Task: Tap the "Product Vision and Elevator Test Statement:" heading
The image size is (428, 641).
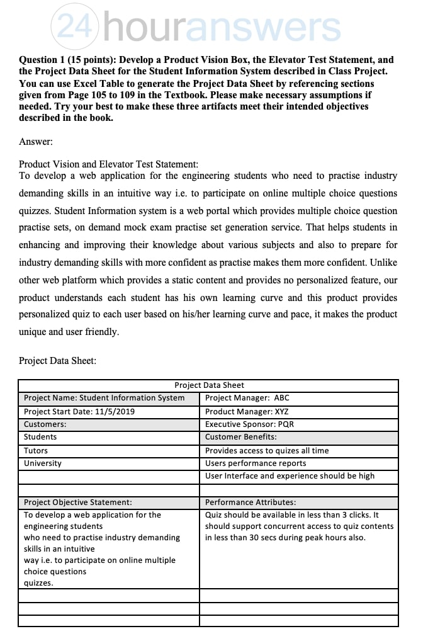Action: (x=108, y=164)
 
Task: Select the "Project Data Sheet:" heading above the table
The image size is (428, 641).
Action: (x=57, y=361)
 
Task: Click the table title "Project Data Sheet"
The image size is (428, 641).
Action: (x=209, y=385)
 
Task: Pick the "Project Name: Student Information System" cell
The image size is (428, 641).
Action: (x=104, y=398)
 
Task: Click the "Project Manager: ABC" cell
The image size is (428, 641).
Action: (x=247, y=398)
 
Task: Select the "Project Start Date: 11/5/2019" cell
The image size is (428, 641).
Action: (x=79, y=412)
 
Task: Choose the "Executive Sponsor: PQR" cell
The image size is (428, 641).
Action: (x=249, y=424)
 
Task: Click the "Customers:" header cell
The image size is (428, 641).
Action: (x=45, y=424)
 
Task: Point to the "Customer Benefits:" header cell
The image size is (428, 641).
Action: (x=240, y=437)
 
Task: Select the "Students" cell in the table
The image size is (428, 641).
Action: (x=40, y=437)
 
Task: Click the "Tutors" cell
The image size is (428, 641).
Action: (x=36, y=451)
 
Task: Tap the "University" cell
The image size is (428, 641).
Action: (x=43, y=463)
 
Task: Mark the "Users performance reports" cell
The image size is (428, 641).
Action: (x=256, y=463)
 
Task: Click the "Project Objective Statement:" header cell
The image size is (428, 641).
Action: (x=77, y=502)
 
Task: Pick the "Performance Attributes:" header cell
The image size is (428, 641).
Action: (x=251, y=502)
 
